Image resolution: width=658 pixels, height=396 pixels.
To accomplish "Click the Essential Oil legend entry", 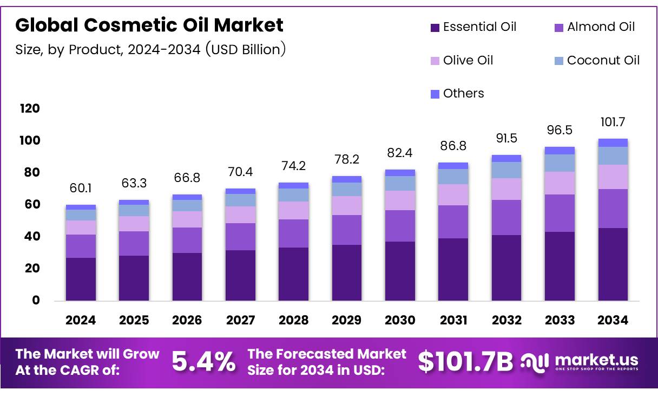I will click(x=473, y=27).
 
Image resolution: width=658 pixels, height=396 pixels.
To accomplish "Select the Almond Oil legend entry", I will click(x=595, y=27).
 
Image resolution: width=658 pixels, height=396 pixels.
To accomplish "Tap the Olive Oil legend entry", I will click(x=462, y=60).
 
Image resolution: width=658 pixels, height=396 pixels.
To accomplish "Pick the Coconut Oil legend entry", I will click(x=597, y=60).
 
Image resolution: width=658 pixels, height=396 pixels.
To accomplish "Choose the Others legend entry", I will click(x=457, y=94).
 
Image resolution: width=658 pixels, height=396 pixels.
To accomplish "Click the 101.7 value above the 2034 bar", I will click(x=613, y=122).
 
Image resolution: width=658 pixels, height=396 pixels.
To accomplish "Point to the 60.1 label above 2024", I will click(x=81, y=188).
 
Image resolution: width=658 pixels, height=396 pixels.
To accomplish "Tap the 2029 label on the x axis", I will click(x=347, y=320).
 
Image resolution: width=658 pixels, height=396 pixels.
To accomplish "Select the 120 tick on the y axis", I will click(x=30, y=108).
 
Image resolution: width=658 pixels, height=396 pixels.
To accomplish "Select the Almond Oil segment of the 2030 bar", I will click(x=400, y=226).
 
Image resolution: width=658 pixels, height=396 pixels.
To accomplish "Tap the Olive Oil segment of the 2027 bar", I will click(x=240, y=215).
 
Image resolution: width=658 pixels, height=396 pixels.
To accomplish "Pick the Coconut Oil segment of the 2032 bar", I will click(x=506, y=170).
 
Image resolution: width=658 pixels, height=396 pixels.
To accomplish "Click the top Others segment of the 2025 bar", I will click(x=134, y=202).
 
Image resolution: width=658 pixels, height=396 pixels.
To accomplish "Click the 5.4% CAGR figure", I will click(x=203, y=362).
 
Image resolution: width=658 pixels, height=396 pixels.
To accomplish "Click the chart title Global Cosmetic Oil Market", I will click(x=149, y=25).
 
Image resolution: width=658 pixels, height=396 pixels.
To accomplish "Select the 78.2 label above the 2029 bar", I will click(x=347, y=159).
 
